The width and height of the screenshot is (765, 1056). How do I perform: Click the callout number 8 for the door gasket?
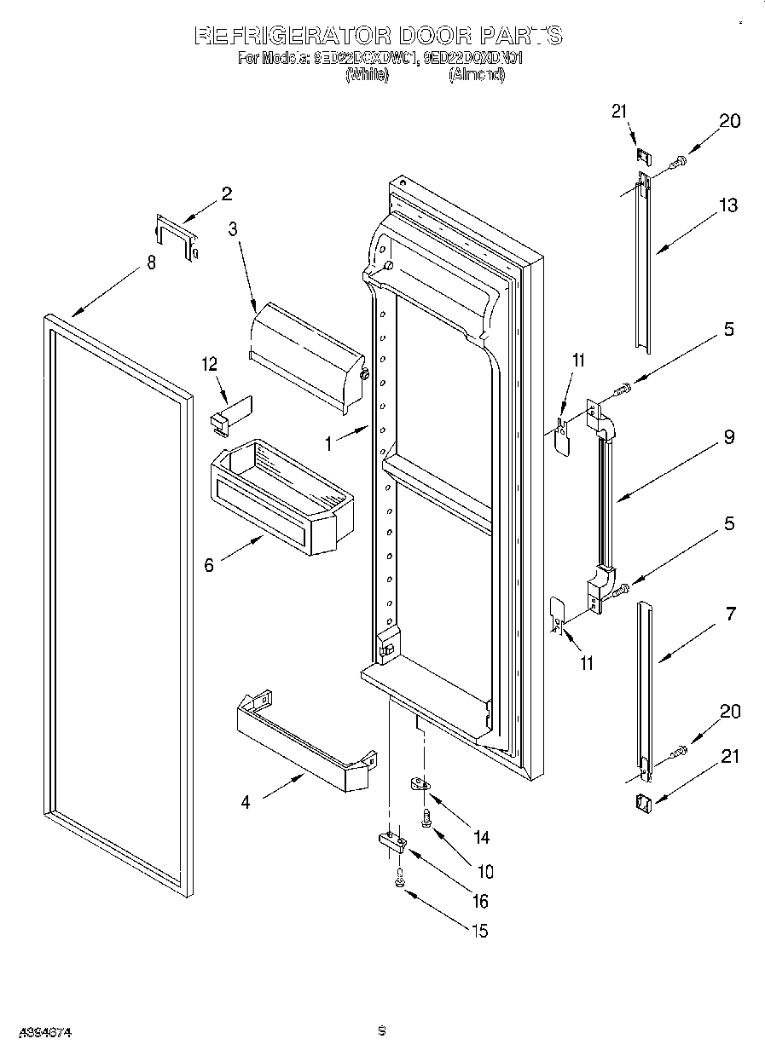point(151,263)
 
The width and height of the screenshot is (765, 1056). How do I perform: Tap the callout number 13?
point(727,205)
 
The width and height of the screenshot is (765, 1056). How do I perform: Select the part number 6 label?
point(209,564)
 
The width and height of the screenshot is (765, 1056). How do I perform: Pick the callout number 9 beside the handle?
point(728,437)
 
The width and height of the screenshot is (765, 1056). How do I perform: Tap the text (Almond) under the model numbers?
point(476,75)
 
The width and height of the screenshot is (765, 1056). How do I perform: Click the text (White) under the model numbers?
point(367,75)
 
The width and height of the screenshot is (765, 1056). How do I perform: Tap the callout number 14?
point(481,837)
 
